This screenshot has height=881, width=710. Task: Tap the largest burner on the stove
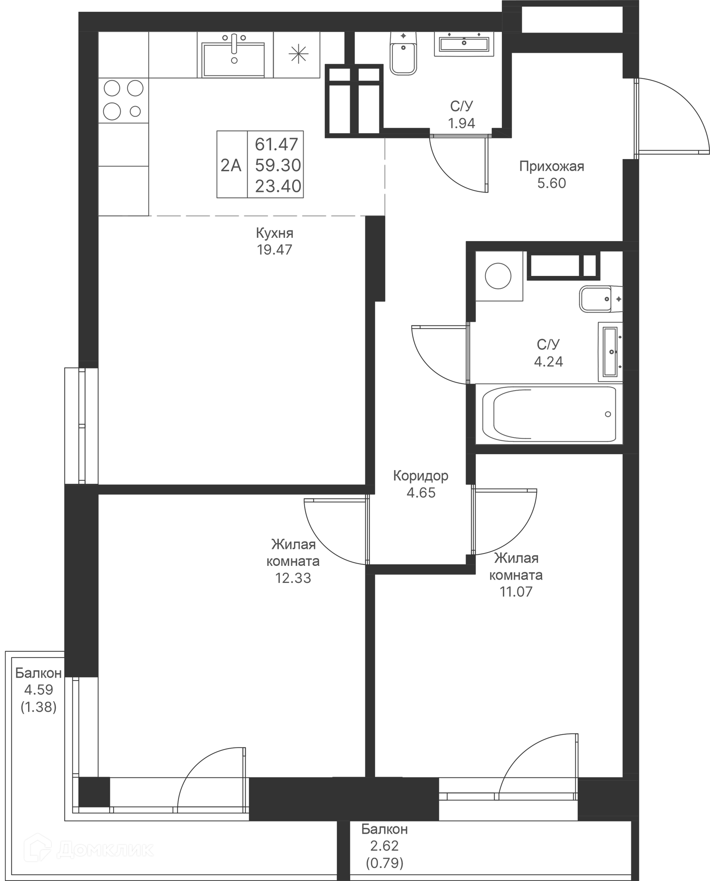[x=112, y=111]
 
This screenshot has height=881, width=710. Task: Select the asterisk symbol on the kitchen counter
[x=298, y=54]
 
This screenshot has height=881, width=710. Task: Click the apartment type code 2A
[x=231, y=165]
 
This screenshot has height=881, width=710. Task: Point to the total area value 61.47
[x=277, y=144]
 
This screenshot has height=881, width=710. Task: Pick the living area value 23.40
[x=278, y=186]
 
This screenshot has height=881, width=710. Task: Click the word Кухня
[x=275, y=233]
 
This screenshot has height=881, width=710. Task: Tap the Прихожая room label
[x=552, y=166]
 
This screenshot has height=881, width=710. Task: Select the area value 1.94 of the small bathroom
[x=462, y=123]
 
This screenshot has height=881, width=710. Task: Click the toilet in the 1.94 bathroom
[x=403, y=54]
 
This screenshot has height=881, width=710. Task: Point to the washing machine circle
[x=498, y=276]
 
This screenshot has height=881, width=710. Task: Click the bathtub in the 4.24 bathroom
[x=549, y=414]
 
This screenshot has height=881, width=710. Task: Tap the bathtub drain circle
[x=608, y=414]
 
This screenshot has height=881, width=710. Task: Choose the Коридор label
[x=421, y=476]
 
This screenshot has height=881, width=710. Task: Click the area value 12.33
[x=293, y=578]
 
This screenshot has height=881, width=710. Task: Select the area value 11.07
[x=516, y=592]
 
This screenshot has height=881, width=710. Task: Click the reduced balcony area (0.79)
[x=385, y=863]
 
